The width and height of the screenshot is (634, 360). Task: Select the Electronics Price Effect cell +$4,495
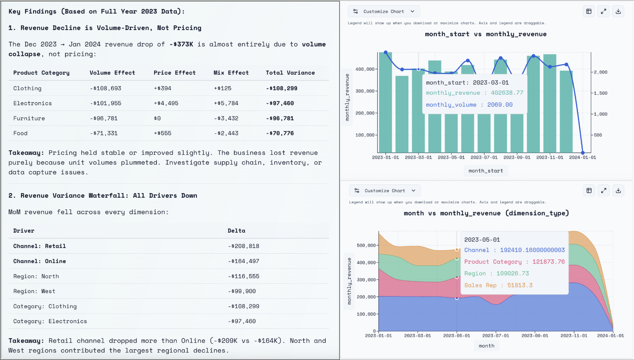click(166, 103)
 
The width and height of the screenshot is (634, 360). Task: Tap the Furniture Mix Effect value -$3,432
click(226, 118)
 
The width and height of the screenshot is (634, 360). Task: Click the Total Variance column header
click(290, 73)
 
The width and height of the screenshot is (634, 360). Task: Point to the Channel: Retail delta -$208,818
click(243, 246)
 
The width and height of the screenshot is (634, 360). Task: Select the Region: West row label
click(34, 291)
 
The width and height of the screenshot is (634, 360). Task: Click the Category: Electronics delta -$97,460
click(241, 321)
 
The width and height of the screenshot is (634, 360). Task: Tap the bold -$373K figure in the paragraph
click(181, 44)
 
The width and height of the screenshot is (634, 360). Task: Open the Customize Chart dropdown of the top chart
click(384, 12)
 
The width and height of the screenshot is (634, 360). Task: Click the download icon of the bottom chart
click(618, 191)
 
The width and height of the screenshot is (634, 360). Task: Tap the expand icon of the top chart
click(604, 12)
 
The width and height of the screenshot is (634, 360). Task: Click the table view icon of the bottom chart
click(589, 191)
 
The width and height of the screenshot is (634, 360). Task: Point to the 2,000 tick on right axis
click(601, 72)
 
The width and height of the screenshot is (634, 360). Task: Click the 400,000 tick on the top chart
click(364, 69)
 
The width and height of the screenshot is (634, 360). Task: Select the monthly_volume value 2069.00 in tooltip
click(500, 105)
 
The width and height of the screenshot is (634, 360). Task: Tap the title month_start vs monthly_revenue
click(485, 34)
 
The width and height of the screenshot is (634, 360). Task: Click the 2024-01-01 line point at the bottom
click(583, 153)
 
